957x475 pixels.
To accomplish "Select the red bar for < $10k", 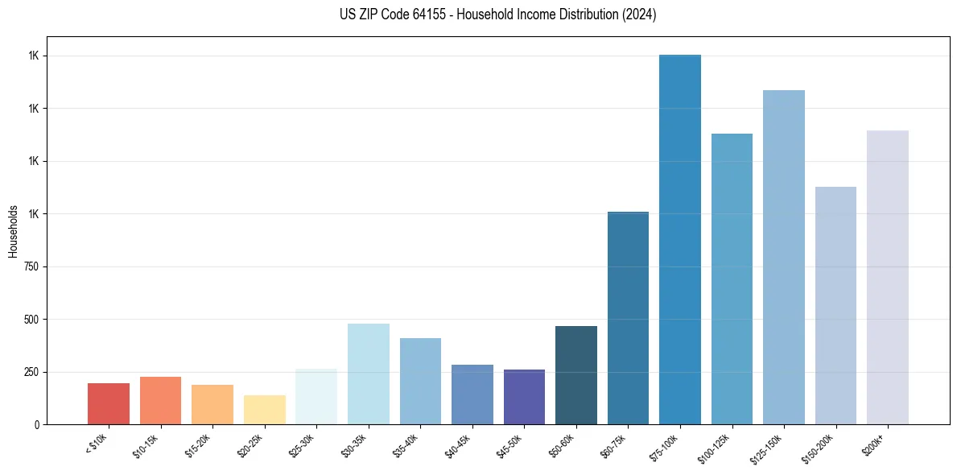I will click(x=109, y=403).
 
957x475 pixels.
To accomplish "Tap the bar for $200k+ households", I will click(x=888, y=277).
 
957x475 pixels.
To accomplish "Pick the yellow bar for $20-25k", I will click(x=264, y=410).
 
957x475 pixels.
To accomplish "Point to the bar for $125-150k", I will click(x=784, y=257).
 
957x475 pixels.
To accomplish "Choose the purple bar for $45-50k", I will click(x=524, y=397).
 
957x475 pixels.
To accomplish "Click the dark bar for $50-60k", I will click(x=576, y=375).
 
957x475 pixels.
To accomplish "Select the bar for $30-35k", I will click(x=369, y=374).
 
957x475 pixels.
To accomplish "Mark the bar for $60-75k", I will click(x=628, y=318).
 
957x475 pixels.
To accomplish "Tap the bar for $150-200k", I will click(x=835, y=305).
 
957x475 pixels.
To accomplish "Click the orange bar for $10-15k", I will click(x=160, y=400).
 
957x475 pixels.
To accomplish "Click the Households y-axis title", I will click(x=13, y=230).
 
